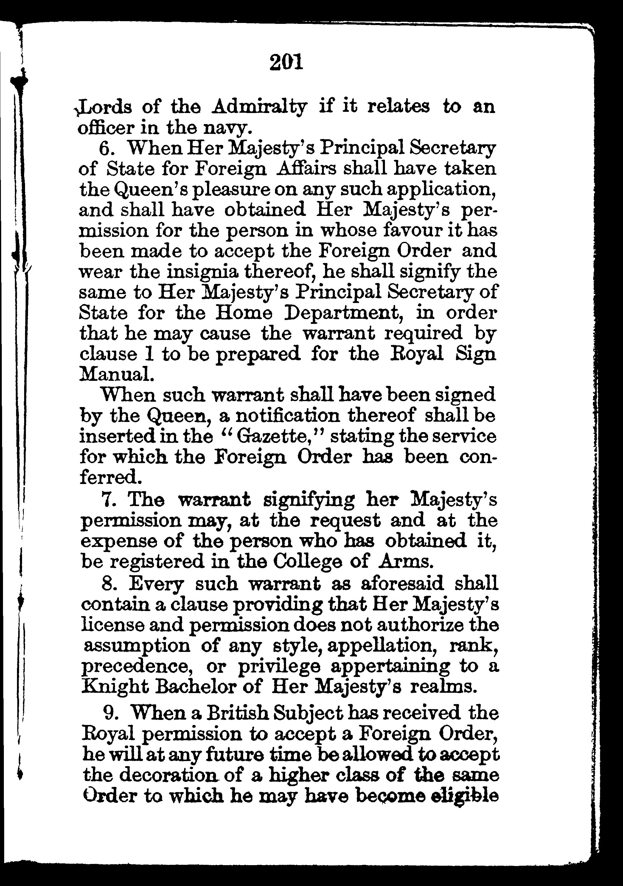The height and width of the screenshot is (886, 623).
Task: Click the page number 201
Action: (286, 63)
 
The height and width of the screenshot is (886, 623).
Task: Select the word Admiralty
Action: (260, 107)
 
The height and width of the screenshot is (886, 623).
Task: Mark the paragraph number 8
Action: (108, 584)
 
